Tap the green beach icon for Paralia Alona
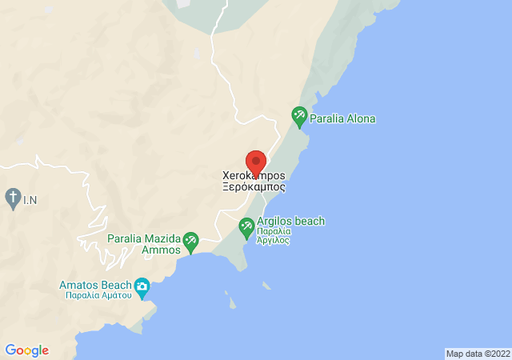click(299, 117)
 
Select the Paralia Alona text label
click(343, 119)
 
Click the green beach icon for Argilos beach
click(246, 229)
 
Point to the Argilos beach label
click(291, 221)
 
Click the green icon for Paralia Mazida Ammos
click(190, 240)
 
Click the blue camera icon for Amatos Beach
click(142, 286)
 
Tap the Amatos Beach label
click(96, 285)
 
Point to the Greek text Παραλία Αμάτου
click(98, 295)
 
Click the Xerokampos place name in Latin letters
click(254, 175)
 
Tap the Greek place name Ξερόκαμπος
click(254, 186)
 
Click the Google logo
click(26, 350)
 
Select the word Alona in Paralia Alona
click(359, 119)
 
